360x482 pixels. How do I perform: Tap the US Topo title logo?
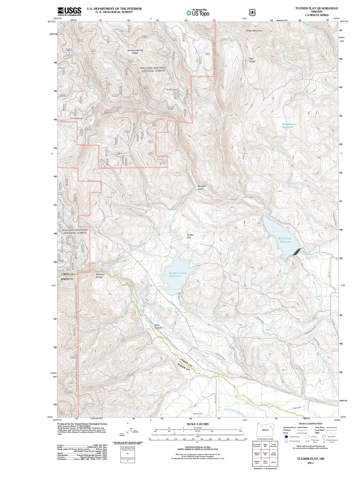(x=197, y=13)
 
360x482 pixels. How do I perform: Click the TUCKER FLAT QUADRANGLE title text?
(x=317, y=8)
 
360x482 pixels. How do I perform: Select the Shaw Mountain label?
(x=254, y=31)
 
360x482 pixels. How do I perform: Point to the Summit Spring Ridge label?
(x=135, y=52)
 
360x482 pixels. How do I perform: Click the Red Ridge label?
(x=252, y=60)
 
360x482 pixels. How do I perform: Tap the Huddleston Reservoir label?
(x=289, y=126)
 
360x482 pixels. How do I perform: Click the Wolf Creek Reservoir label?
(x=285, y=240)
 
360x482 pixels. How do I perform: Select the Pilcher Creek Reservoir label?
(x=178, y=274)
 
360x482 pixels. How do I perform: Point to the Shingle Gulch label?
(x=201, y=187)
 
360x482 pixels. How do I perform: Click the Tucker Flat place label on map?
(x=190, y=236)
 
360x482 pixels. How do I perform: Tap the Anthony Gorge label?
(x=100, y=276)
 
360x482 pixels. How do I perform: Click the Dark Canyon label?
(x=159, y=326)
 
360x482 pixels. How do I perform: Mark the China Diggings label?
(x=76, y=118)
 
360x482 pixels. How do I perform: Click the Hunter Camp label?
(x=172, y=89)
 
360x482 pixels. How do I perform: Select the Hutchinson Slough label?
(x=234, y=410)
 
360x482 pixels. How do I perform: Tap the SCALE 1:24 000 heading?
(x=197, y=424)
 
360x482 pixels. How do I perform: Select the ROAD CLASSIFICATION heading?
(x=310, y=424)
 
